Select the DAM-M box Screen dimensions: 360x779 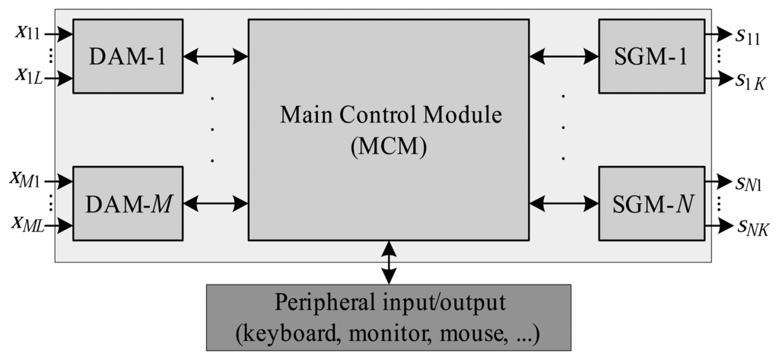point(128,203)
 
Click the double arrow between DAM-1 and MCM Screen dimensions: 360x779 point(216,55)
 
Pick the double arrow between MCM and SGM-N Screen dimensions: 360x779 point(564,203)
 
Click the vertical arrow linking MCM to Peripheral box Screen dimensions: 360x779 point(389,263)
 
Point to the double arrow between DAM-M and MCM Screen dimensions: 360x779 point(216,203)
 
